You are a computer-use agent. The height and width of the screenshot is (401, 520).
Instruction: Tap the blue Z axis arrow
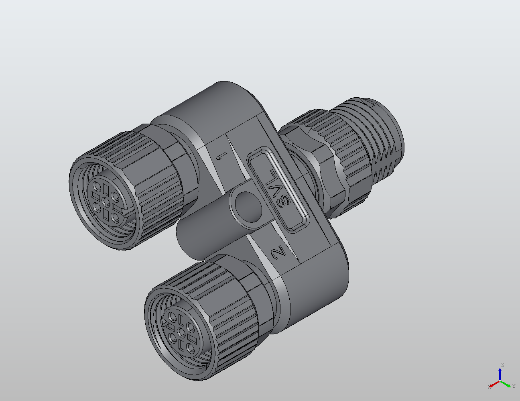(x=500, y=374)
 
